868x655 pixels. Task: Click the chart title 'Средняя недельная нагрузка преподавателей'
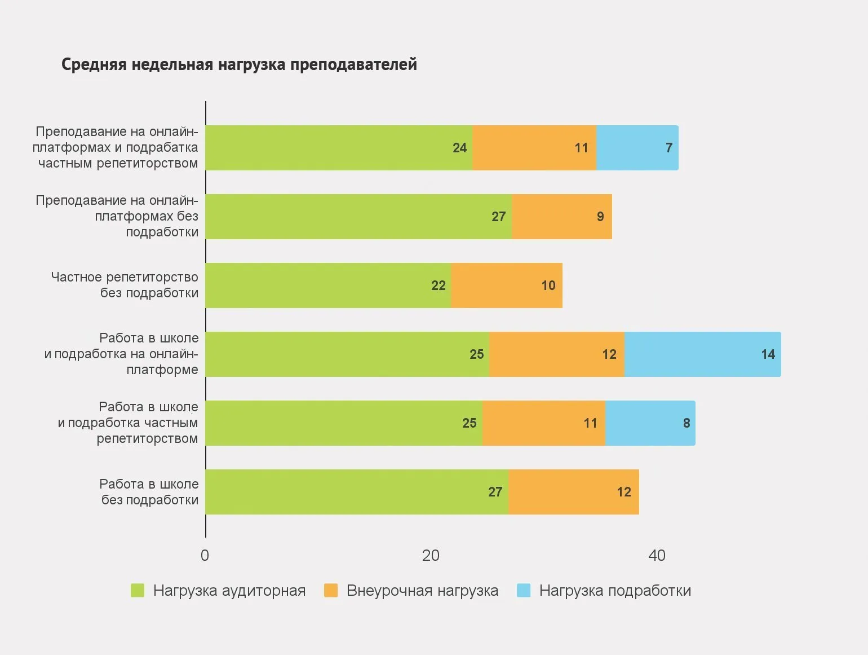coord(239,64)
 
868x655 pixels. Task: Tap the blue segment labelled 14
coord(702,354)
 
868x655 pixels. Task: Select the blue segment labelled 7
coord(637,148)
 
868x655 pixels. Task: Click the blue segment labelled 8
coord(650,423)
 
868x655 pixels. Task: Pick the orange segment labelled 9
coord(561,217)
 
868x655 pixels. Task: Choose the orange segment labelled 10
coord(506,285)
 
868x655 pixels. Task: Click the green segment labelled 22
coord(328,285)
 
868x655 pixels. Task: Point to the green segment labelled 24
coord(338,148)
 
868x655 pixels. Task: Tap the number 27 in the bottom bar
coord(495,492)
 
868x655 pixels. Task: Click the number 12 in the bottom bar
coord(623,492)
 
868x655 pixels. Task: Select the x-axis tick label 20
coord(431,556)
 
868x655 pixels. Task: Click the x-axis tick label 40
coord(657,556)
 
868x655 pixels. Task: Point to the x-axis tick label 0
coord(205,556)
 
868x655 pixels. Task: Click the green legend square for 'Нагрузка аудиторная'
coord(138,590)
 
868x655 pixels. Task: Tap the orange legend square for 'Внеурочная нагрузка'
coord(331,590)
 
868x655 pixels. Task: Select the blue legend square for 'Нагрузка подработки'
coord(524,590)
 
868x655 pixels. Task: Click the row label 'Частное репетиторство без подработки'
coord(125,285)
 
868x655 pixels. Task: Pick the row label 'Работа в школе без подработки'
coord(149,492)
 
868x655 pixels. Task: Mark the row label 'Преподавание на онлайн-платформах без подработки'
coord(117,216)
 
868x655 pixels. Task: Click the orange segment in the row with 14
coord(556,354)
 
